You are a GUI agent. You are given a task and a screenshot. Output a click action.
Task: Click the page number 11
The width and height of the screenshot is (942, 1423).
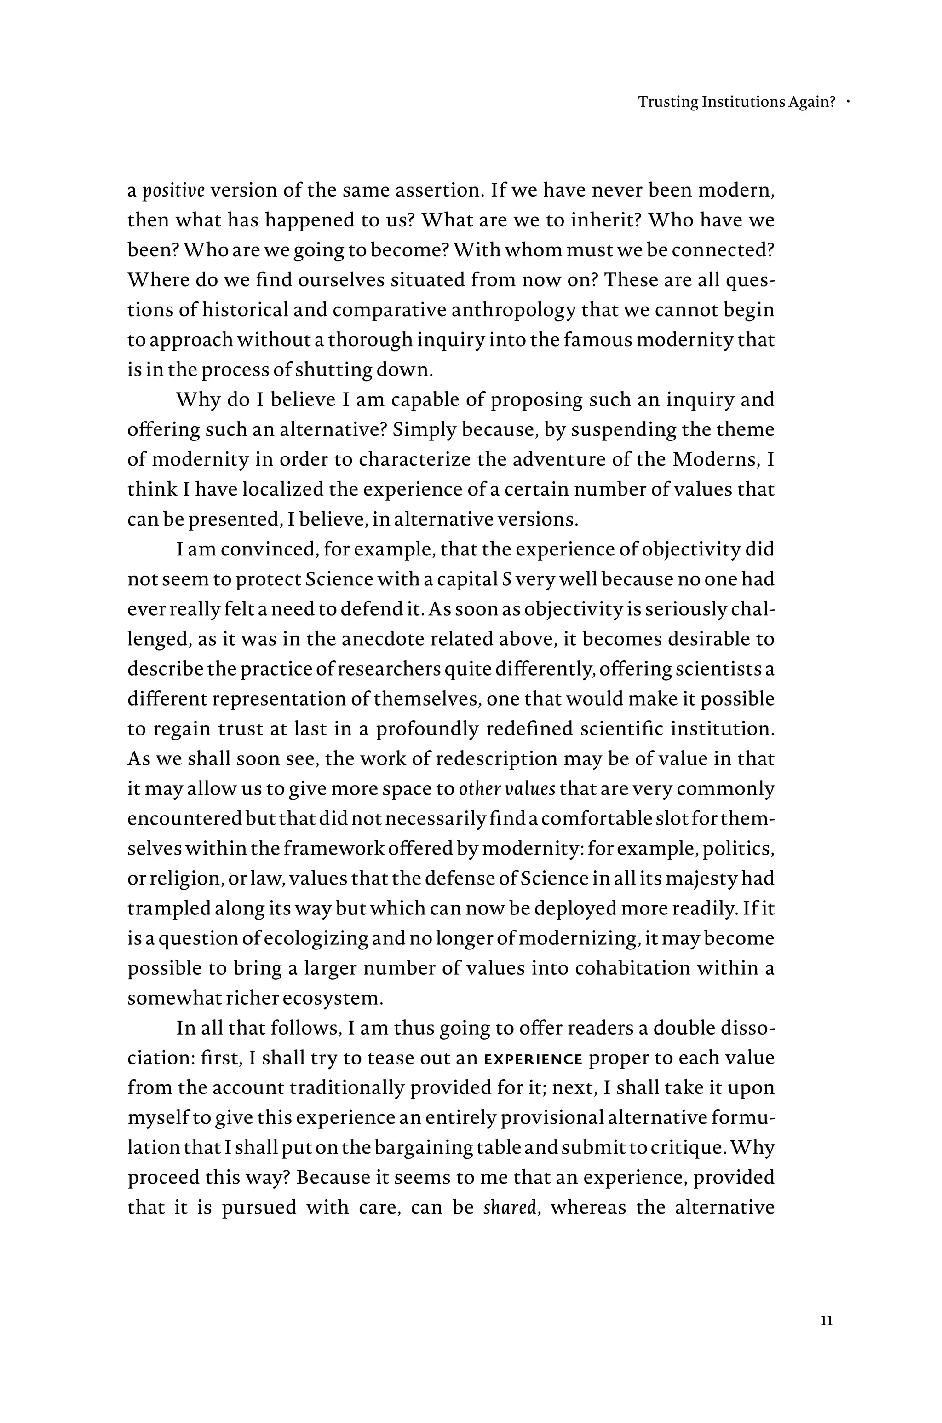[x=826, y=1321]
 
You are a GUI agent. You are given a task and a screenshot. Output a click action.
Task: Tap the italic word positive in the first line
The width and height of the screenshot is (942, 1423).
[x=173, y=191]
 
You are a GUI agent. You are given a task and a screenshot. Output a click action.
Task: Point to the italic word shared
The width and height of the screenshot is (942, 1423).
[x=510, y=1207]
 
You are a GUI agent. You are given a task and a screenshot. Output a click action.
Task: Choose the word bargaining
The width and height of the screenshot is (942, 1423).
[x=422, y=1148]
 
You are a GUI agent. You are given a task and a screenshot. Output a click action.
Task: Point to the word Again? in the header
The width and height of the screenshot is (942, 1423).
[x=815, y=102]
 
